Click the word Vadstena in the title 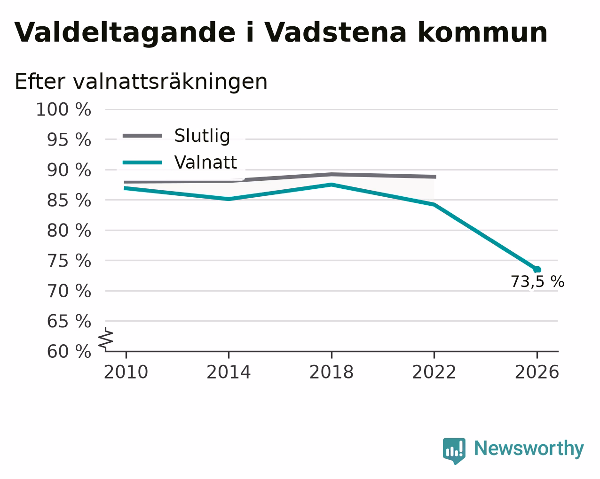tap(335, 33)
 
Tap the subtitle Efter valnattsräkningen tap(141, 82)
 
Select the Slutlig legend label tap(202, 136)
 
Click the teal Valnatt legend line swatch tap(142, 162)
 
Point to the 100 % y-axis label tap(63, 110)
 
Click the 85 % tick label tap(69, 201)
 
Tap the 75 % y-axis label tap(69, 261)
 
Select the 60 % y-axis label tap(69, 351)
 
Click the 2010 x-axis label tap(126, 372)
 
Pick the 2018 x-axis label tap(332, 372)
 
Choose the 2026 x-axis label tap(537, 372)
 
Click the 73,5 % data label tap(537, 282)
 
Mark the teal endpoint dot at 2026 tap(537, 269)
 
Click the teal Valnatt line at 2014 tap(229, 199)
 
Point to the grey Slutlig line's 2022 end tap(435, 177)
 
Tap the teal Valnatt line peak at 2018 tap(332, 185)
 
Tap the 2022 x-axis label tap(434, 372)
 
